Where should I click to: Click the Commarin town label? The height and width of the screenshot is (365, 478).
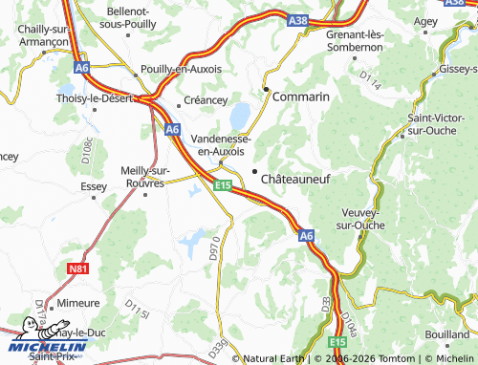click(x=300, y=97)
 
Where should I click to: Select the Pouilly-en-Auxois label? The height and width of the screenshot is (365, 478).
click(x=181, y=70)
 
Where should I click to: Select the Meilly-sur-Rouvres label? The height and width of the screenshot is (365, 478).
click(x=147, y=177)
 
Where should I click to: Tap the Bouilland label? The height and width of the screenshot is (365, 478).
click(x=446, y=335)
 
